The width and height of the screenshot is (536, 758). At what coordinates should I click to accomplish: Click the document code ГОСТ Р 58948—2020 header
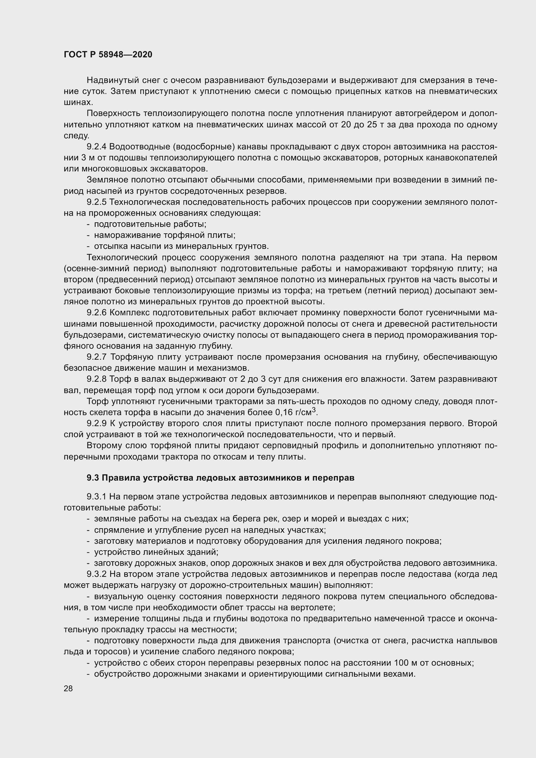(x=108, y=54)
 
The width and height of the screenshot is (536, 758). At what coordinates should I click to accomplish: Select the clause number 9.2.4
(x=96, y=146)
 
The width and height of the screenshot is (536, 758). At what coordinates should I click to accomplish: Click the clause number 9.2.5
(x=96, y=202)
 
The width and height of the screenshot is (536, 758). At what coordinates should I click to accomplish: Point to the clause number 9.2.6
(x=96, y=313)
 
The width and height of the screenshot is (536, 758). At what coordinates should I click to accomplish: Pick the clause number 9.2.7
(x=96, y=357)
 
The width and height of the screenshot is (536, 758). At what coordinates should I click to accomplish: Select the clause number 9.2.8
(x=96, y=379)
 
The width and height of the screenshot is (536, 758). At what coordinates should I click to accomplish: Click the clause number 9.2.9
(x=96, y=423)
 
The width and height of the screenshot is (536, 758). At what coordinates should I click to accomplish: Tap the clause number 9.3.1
(x=96, y=496)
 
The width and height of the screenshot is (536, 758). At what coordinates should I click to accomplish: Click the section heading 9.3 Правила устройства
(x=220, y=478)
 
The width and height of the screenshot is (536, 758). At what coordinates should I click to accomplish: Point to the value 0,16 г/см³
(x=296, y=412)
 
